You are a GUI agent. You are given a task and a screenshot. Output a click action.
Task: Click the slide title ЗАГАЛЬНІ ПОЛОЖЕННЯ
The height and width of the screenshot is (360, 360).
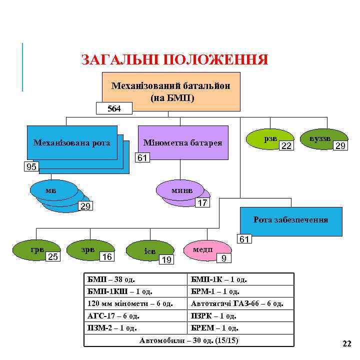174,60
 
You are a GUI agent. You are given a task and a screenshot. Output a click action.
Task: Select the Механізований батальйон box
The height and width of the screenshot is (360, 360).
170,90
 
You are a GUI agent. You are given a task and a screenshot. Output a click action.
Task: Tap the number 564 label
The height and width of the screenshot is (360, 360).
114,108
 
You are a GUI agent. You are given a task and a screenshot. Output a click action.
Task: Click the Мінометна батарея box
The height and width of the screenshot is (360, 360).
182,142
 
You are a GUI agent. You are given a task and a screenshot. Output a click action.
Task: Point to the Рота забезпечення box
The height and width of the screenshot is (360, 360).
290,220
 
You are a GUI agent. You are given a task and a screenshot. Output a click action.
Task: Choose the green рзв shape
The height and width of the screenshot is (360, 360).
270,138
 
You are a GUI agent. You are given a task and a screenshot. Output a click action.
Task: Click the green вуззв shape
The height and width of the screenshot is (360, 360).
320,138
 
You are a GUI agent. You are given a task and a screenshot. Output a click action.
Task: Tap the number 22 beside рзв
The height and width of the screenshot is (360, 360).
286,146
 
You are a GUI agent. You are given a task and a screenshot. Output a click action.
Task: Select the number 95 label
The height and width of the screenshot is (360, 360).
31,166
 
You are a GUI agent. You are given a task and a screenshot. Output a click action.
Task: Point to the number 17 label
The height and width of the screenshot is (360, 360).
202,203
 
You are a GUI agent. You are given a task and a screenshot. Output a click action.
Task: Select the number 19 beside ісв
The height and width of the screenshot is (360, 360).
167,259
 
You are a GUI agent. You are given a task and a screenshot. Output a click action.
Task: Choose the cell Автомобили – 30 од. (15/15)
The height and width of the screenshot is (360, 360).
189,340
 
